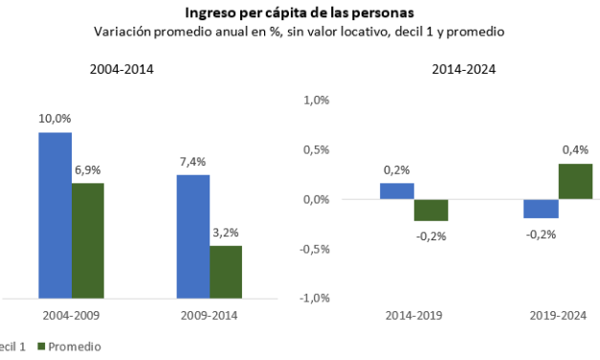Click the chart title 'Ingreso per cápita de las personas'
(300, 12)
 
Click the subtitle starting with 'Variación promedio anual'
(300, 31)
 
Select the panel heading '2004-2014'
(122, 70)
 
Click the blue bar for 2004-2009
(56, 215)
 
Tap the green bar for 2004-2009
(88, 240)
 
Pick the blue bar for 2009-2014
(192, 236)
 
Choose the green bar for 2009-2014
(226, 272)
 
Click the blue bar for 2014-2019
(396, 191)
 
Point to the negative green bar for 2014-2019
(431, 210)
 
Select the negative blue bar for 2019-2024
(541, 209)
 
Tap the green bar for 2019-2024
(574, 181)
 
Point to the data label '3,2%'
(226, 232)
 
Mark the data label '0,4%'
(575, 149)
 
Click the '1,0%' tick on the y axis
(316, 100)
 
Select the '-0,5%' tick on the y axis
(314, 249)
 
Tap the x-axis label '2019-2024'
(557, 315)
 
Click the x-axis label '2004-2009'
(72, 315)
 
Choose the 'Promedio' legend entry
(75, 347)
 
